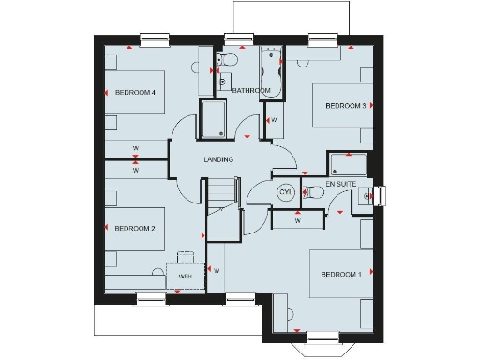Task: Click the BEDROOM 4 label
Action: coord(134,92)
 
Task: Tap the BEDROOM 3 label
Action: coord(345,106)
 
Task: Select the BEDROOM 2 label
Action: coord(134,228)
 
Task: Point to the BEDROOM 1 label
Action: coord(340,274)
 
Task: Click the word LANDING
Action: coord(218,159)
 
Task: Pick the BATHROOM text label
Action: coord(251,91)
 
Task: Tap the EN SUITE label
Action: coord(343,183)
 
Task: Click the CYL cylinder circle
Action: coord(286,192)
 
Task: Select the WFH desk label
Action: coord(185,277)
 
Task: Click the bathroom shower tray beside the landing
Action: coord(213,120)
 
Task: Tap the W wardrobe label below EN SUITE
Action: coord(297,222)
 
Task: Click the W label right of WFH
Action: coord(217,271)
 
